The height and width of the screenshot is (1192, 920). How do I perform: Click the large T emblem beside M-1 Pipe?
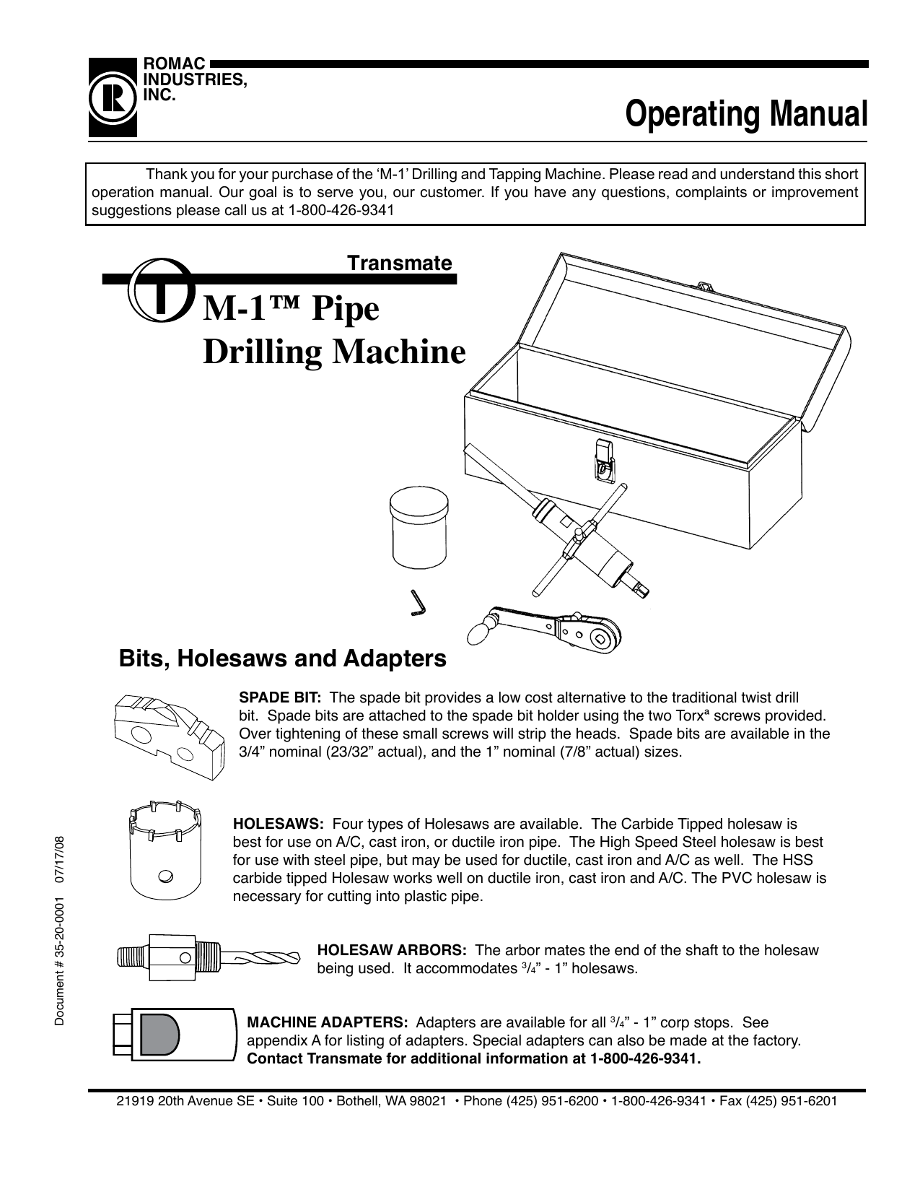(160, 292)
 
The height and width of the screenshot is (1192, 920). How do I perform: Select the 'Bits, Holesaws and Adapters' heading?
(282, 658)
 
